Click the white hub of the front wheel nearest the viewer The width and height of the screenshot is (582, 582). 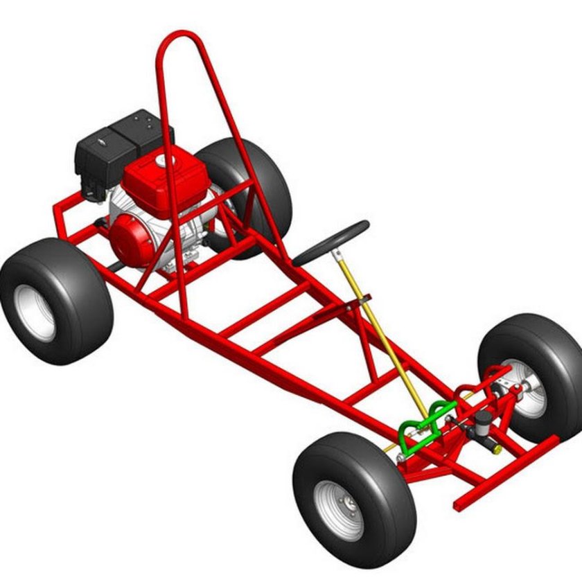coord(339,509)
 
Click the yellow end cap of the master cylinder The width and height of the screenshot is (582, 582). coord(497,449)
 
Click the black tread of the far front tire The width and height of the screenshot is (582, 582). coord(554,346)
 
